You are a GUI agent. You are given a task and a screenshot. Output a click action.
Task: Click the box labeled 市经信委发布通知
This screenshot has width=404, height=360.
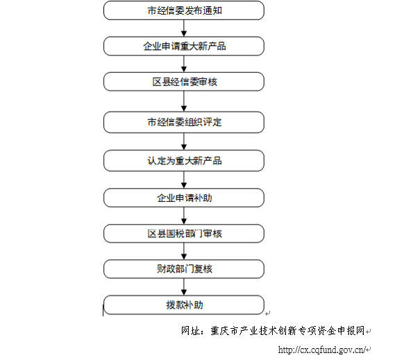(x=184, y=10)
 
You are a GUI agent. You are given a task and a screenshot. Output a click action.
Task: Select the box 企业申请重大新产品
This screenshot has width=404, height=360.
(x=184, y=46)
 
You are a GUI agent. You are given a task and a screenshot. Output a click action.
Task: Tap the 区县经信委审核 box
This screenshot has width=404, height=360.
(x=184, y=82)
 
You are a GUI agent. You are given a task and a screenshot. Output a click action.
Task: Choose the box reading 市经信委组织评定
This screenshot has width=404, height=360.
(x=184, y=122)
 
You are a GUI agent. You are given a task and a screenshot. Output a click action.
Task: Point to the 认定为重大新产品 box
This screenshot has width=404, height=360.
(x=184, y=161)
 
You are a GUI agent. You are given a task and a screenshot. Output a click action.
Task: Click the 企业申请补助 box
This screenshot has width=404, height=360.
(x=184, y=198)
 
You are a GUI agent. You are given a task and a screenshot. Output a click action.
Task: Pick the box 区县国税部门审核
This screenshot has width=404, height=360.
(x=184, y=234)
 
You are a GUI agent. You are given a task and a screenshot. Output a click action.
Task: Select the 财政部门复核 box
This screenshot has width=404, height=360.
(x=184, y=269)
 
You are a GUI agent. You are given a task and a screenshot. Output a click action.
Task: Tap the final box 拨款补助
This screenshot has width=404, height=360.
(x=184, y=305)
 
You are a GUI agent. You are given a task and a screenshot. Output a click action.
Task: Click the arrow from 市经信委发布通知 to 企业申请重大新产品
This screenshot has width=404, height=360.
(x=184, y=28)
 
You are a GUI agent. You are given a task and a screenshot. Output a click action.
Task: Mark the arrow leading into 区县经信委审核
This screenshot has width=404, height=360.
(x=184, y=64)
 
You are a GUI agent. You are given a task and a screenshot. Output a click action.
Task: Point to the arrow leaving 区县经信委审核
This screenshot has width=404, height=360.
(x=184, y=101)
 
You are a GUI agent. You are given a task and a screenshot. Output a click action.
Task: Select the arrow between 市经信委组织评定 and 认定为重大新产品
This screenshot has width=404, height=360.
(x=184, y=142)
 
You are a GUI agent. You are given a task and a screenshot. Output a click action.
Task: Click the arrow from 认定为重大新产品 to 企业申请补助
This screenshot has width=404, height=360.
(x=184, y=180)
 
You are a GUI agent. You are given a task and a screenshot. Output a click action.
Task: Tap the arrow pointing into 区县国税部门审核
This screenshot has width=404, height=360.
(x=184, y=216)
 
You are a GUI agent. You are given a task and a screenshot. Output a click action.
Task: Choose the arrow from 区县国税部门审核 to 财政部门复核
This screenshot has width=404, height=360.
(x=184, y=251)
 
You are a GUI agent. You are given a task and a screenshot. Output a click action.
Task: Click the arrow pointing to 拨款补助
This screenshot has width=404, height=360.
(x=184, y=287)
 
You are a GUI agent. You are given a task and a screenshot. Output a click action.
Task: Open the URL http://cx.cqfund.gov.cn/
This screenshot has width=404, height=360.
(x=322, y=350)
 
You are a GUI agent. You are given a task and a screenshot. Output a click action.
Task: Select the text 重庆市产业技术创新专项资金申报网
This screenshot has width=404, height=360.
(x=287, y=331)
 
